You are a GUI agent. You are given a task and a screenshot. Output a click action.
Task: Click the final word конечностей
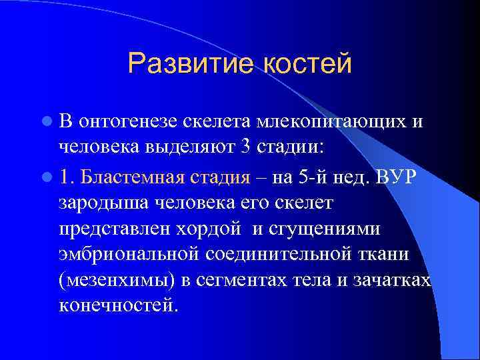click(119, 305)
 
